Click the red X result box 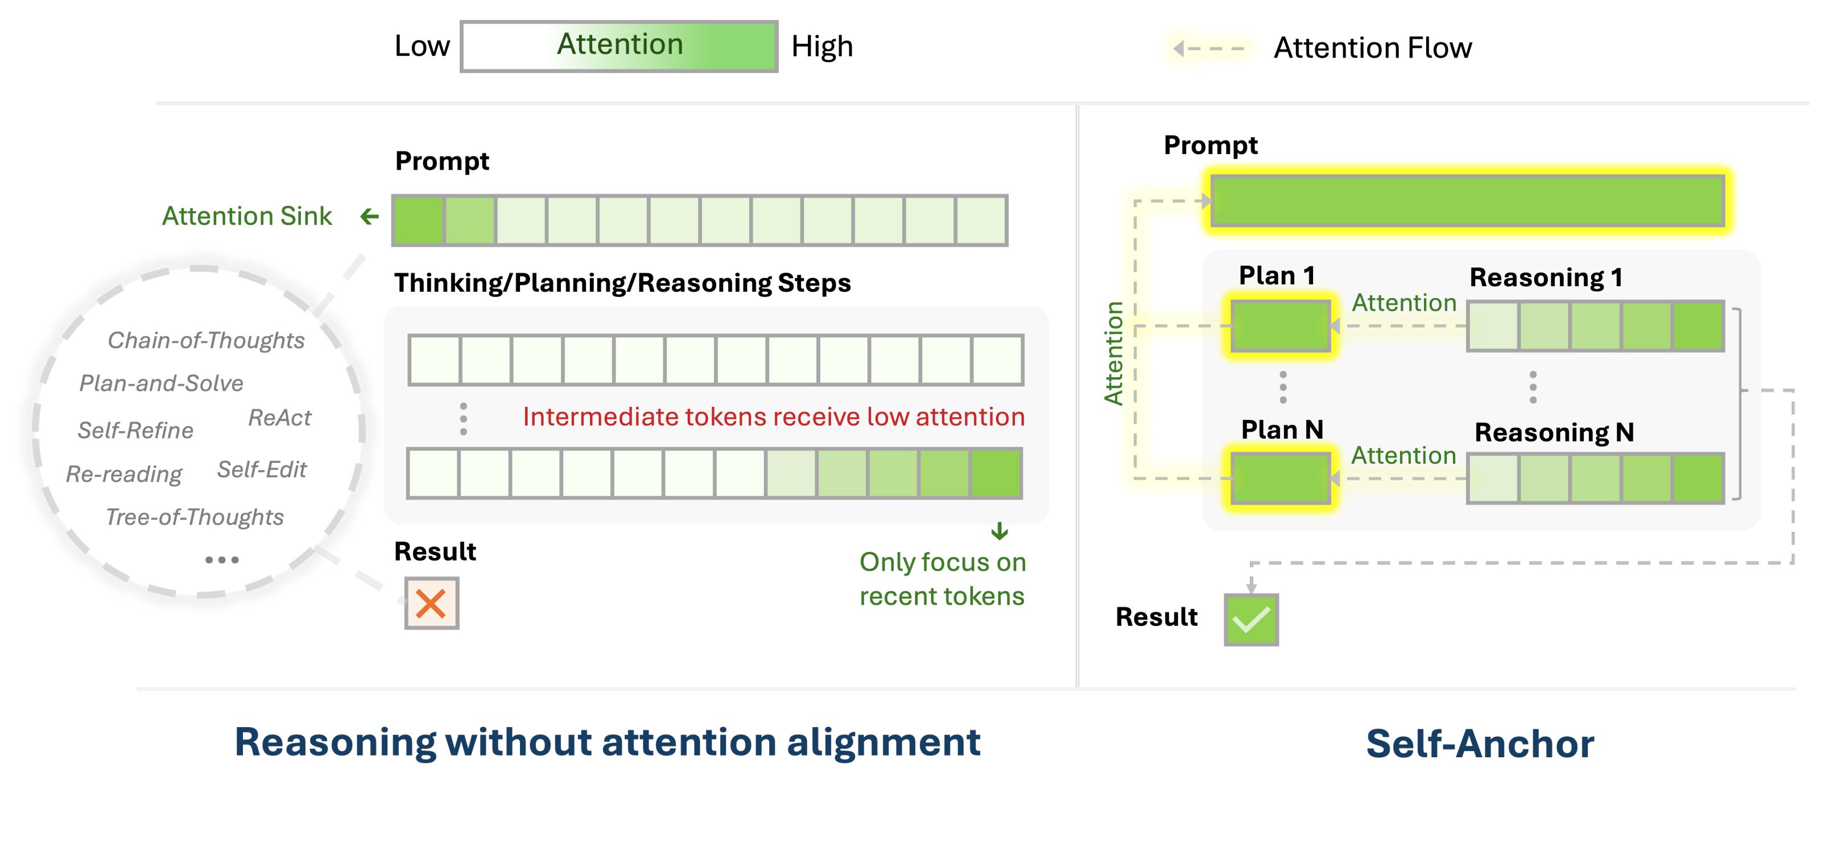click(431, 603)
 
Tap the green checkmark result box click(1251, 620)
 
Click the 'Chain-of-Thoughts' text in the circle click(205, 340)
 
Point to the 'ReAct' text click(279, 418)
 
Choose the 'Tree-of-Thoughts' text click(194, 517)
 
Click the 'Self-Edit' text click(262, 469)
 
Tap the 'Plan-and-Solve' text click(161, 383)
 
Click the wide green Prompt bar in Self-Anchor click(1467, 201)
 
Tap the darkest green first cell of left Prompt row click(419, 220)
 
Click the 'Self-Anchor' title click(1480, 744)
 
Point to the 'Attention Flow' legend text click(1372, 48)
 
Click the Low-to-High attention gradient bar click(619, 47)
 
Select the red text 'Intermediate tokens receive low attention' click(774, 417)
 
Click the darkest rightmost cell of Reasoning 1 click(1698, 326)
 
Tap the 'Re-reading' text click(124, 473)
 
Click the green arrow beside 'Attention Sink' click(369, 216)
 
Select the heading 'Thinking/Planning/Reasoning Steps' click(622, 283)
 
